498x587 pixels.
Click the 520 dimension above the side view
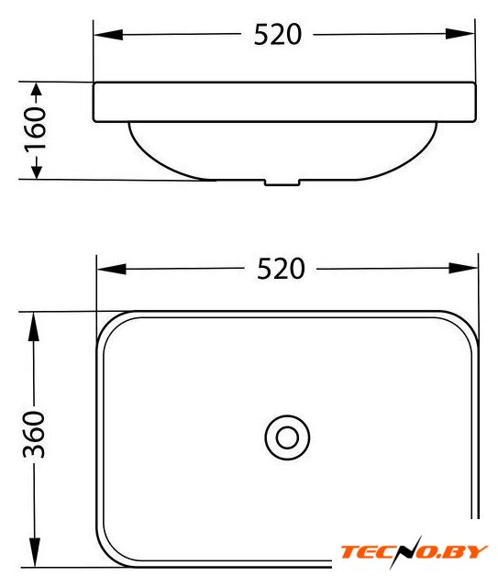(x=278, y=35)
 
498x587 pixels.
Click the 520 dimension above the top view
(x=281, y=269)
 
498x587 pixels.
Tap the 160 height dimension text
(x=35, y=128)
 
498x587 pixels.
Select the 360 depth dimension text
(x=34, y=434)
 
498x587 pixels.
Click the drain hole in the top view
(x=287, y=437)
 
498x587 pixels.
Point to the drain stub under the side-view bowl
(x=282, y=183)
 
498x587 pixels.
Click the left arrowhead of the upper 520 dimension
(x=108, y=35)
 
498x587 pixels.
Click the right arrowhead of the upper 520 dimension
(x=460, y=34)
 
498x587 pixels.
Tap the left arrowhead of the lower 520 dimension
(x=112, y=269)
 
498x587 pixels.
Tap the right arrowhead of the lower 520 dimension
(x=463, y=268)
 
